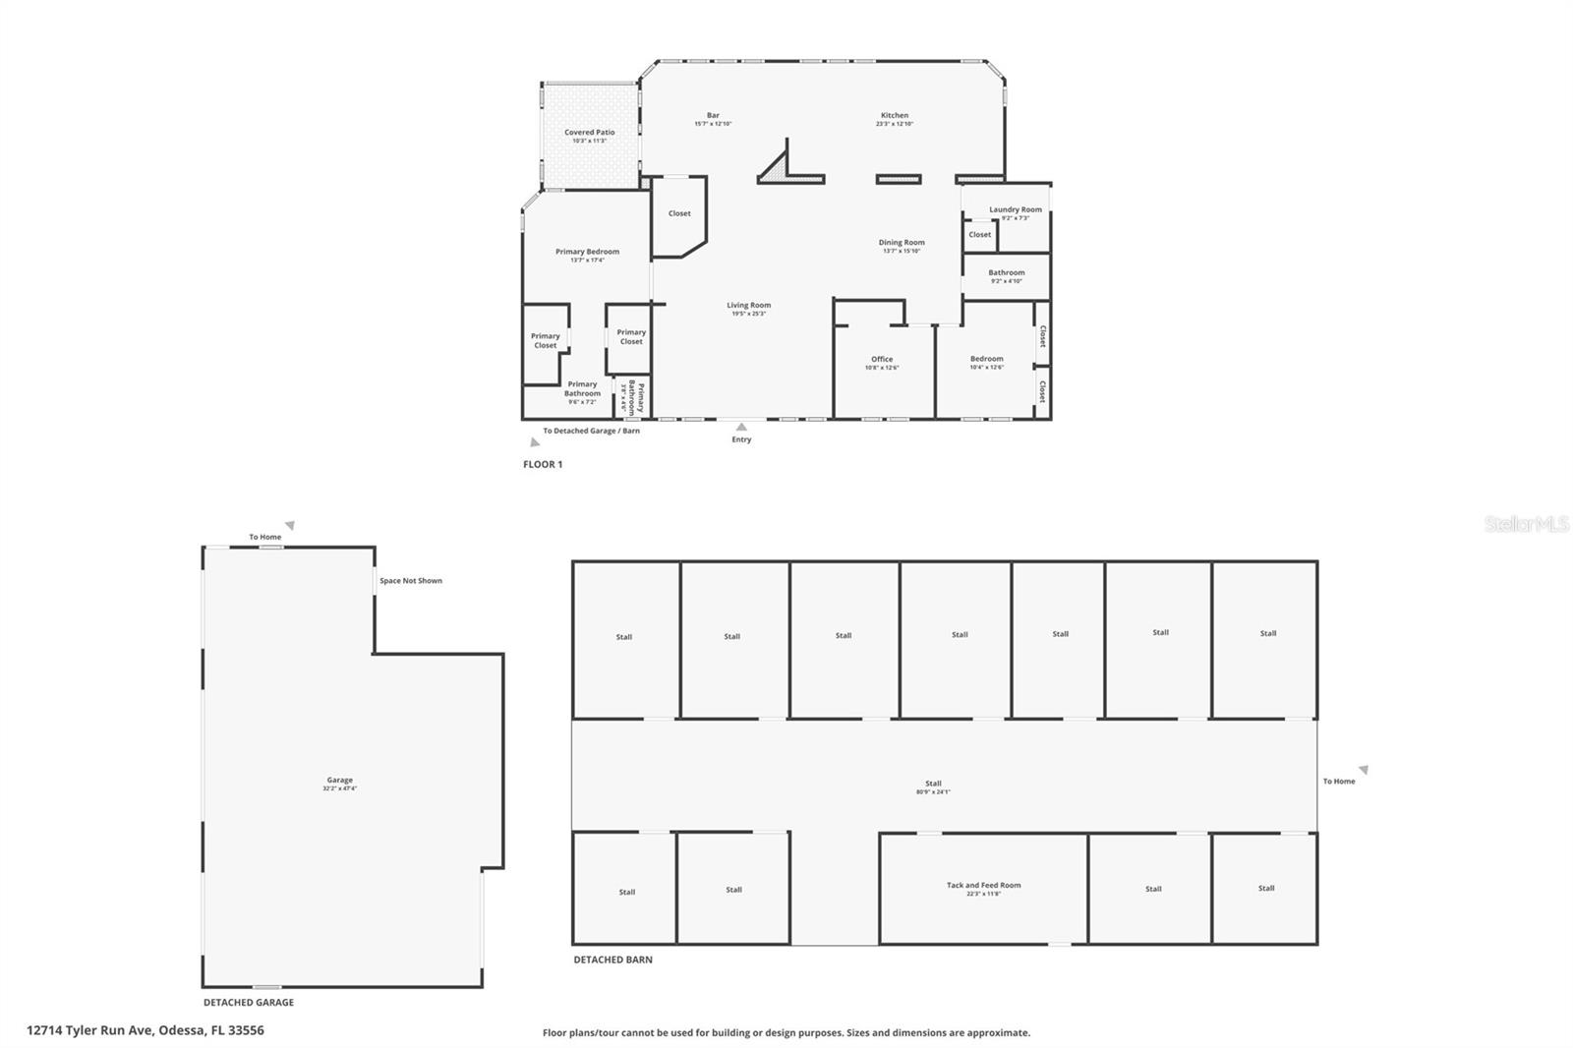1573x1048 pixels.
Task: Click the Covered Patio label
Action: pos(590,133)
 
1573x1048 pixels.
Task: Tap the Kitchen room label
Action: pos(895,116)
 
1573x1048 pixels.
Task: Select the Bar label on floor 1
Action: pos(713,116)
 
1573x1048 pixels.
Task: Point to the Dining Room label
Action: pos(902,243)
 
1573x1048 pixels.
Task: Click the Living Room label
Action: pos(749,306)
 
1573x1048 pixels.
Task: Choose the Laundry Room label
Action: pos(1016,209)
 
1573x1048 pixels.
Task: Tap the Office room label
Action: pos(882,360)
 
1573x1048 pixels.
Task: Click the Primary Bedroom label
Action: pos(587,253)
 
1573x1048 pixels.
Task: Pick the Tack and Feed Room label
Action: pos(983,886)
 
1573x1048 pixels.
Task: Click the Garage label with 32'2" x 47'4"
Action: pos(340,781)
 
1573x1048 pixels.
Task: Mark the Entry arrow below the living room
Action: pos(741,427)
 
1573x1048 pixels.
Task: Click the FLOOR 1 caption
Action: pos(543,464)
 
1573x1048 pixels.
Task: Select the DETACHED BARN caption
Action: pos(612,960)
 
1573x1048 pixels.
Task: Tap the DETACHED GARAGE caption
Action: pos(248,1003)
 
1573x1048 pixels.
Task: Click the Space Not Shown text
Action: pos(411,581)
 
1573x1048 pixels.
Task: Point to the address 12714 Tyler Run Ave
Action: pos(146,1030)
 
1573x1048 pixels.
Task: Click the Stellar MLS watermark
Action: pos(1526,525)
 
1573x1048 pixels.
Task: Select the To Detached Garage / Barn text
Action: pos(591,431)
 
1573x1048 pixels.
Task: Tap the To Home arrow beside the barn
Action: pos(1364,770)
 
